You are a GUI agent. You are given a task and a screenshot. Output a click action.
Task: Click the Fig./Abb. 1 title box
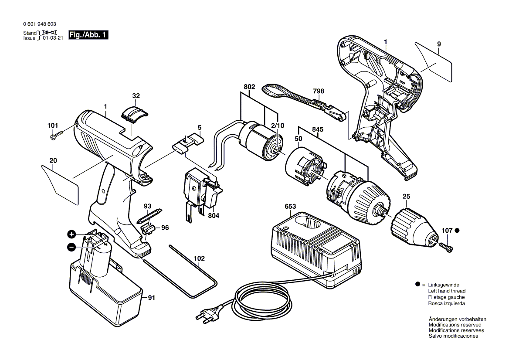pos(88,35)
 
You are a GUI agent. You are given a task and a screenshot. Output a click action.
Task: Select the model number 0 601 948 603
pos(39,25)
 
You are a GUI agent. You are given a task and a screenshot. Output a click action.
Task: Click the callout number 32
pos(136,96)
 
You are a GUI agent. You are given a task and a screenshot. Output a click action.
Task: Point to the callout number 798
pos(319,92)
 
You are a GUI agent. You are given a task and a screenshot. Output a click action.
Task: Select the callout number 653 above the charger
pos(290,207)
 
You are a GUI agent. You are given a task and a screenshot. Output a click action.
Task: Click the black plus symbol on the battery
pos(71,234)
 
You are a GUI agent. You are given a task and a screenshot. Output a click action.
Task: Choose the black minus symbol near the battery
pos(71,247)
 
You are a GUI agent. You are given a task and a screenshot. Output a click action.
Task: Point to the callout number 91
pos(151,299)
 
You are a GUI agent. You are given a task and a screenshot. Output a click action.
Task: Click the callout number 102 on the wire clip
pos(199,258)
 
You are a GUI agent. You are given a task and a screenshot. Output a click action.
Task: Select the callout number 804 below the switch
pos(214,216)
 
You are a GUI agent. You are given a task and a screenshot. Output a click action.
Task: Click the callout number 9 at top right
pos(439,44)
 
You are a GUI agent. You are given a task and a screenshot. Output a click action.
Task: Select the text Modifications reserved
pos(455,325)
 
